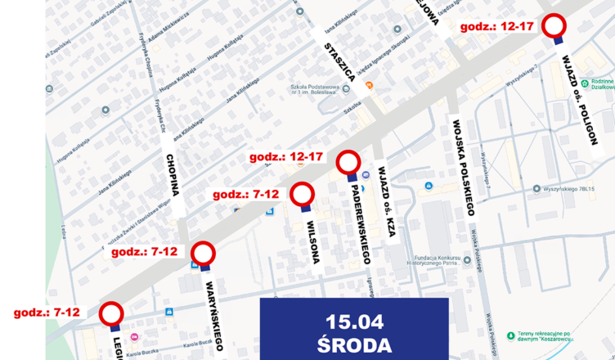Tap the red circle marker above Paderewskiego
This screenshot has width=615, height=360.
click(349, 162)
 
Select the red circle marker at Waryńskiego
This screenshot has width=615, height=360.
click(203, 253)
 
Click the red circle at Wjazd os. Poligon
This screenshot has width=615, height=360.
click(557, 25)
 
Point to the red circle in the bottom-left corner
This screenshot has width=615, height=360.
click(111, 313)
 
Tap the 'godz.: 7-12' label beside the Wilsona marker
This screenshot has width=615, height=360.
click(246, 195)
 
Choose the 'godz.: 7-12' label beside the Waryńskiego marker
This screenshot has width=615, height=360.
click(144, 252)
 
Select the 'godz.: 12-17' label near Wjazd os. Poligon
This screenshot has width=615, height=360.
click(497, 26)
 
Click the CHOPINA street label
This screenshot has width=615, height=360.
click(172, 175)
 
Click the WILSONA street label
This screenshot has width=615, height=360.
click(312, 240)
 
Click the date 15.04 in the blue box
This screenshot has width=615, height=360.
click(354, 322)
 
